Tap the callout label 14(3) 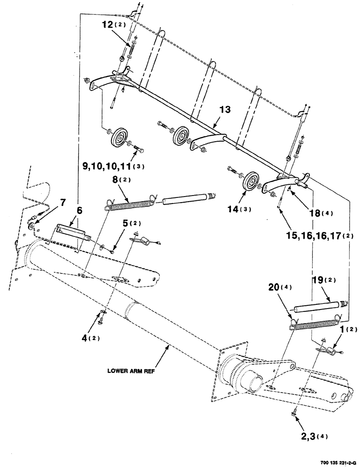[243, 209]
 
